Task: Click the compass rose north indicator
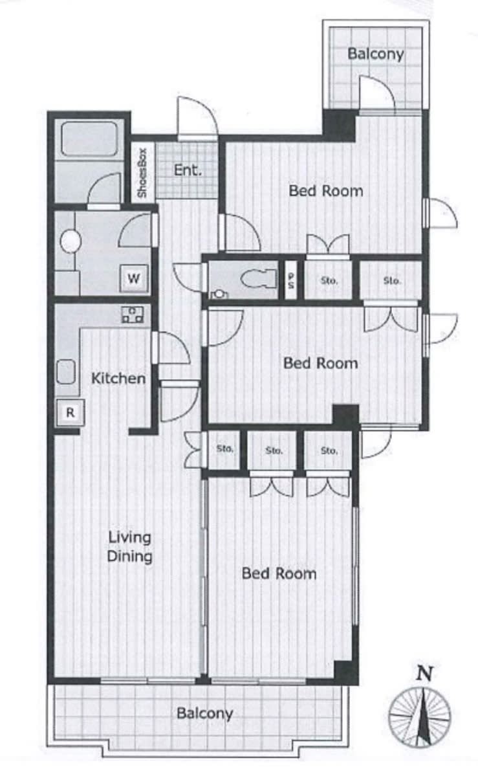coord(420,716)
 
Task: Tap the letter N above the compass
coord(424,674)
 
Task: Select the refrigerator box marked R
coord(71,412)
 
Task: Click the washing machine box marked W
coord(134,279)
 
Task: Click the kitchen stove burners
coord(133,315)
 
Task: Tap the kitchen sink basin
coord(66,371)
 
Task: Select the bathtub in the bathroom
coord(89,138)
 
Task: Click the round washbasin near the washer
coord(71,241)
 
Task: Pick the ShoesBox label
coord(142,173)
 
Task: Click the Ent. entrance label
coord(188,171)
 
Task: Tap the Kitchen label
coord(118,379)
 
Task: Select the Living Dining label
coord(129,547)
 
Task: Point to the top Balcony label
coord(376,54)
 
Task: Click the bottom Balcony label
coord(204,713)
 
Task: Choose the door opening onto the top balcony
coord(377,94)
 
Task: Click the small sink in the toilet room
coord(219,294)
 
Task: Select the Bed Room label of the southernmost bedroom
coord(279,573)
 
